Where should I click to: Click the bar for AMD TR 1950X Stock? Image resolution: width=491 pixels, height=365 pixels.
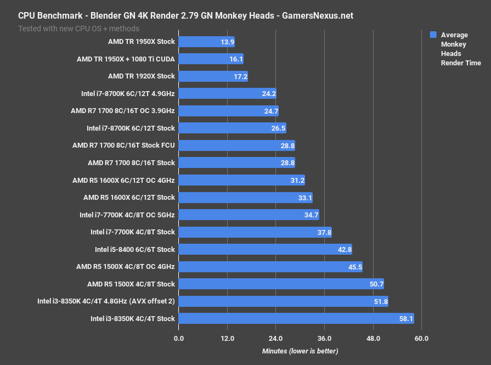tap(206, 42)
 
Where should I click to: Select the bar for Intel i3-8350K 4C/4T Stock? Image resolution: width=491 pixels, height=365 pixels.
tap(296, 318)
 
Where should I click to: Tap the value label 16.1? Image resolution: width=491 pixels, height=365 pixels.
tap(235, 59)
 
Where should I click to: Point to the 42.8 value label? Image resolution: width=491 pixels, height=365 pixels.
tap(344, 249)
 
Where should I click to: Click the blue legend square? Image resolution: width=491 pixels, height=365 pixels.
tap(433, 35)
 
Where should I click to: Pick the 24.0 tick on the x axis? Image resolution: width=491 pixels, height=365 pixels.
tap(276, 338)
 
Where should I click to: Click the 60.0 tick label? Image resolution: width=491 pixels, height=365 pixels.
tap(421, 338)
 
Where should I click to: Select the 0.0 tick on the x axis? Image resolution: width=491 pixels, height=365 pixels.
tap(179, 338)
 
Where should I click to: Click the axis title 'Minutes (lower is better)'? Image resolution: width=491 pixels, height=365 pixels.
tap(300, 351)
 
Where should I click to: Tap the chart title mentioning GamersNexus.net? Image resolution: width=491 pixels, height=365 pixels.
tap(185, 15)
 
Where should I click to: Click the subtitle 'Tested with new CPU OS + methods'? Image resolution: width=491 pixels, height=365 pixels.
tap(78, 28)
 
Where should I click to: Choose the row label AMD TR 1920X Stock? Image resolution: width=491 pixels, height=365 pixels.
tap(142, 76)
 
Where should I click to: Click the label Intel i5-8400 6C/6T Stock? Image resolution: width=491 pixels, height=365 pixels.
tap(135, 249)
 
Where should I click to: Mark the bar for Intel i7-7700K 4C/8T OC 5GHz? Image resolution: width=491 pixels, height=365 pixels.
tap(249, 215)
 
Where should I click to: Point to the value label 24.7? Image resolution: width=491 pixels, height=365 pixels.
tap(271, 111)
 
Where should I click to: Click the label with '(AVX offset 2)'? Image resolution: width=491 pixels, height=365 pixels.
tap(106, 301)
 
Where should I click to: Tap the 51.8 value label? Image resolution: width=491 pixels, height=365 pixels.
tap(380, 301)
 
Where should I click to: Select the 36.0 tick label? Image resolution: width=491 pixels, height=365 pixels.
tap(324, 338)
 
